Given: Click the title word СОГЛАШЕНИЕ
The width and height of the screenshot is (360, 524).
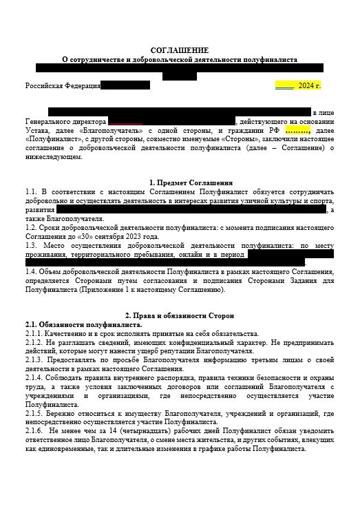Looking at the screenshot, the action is [179, 50].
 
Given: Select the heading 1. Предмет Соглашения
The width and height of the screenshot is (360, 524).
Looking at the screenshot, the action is [179, 182].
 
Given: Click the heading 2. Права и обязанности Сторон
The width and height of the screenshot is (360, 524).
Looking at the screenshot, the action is [179, 315].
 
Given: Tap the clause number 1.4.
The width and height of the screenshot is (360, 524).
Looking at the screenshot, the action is [31, 272].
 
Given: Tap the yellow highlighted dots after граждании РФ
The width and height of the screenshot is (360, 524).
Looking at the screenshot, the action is [297, 130].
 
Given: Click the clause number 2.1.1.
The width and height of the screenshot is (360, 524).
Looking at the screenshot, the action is [36, 333].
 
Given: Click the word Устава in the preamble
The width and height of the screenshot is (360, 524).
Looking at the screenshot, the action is [36, 130].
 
